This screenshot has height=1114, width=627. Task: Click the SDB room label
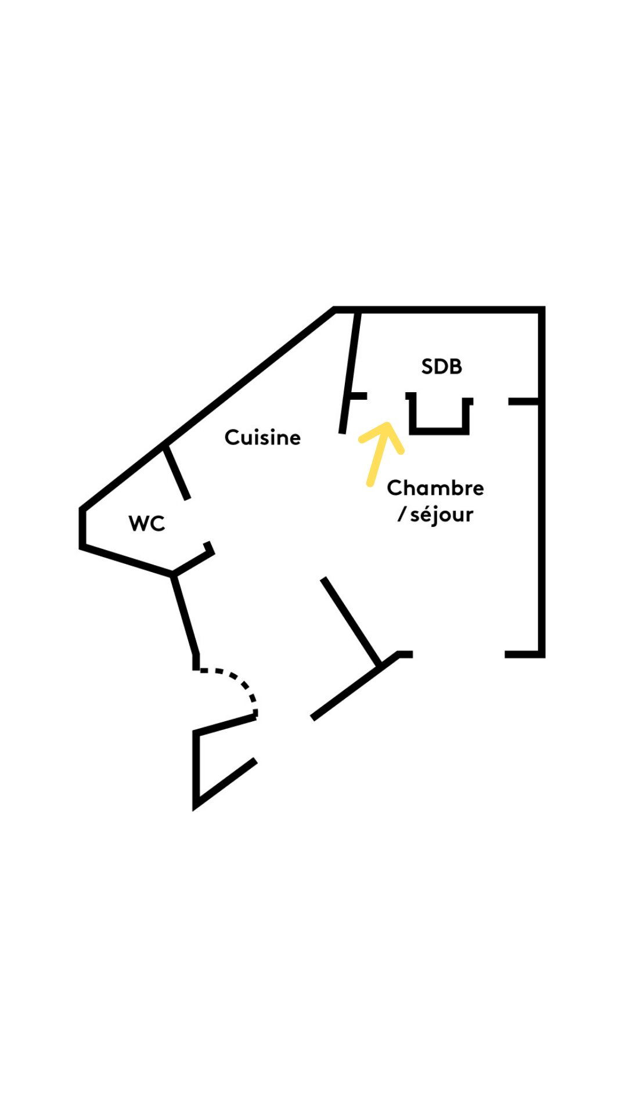click(x=441, y=367)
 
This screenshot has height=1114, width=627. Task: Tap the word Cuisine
click(x=262, y=437)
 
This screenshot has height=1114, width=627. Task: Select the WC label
click(x=147, y=523)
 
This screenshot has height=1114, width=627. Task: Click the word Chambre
click(x=435, y=488)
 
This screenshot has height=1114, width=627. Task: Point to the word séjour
click(x=442, y=515)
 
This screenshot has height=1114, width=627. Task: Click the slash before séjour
click(x=401, y=514)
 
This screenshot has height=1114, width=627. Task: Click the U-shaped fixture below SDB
click(x=439, y=414)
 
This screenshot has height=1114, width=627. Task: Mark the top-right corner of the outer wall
click(x=542, y=309)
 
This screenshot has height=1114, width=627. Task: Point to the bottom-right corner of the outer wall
click(x=542, y=654)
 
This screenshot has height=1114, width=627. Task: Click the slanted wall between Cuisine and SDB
click(x=350, y=371)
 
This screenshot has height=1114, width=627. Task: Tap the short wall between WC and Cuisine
click(x=176, y=472)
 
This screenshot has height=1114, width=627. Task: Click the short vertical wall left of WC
click(x=82, y=528)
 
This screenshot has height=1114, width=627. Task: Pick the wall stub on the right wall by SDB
click(x=524, y=402)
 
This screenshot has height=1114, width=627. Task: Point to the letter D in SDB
click(x=442, y=367)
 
